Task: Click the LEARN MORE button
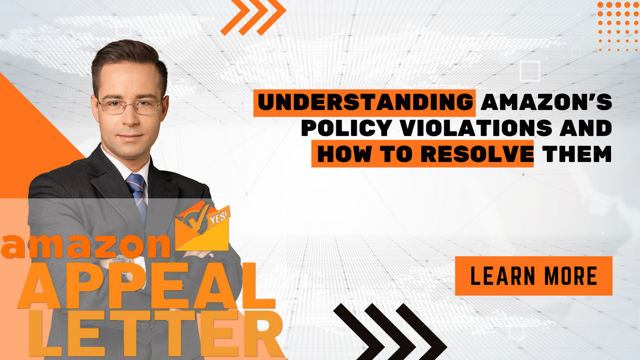pyautogui.click(x=534, y=276)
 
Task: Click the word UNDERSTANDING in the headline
pyautogui.click(x=364, y=102)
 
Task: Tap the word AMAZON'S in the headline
pyautogui.click(x=545, y=102)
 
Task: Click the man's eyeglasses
pyautogui.click(x=130, y=106)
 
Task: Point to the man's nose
pyautogui.click(x=130, y=116)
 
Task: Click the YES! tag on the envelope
pyautogui.click(x=219, y=215)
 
